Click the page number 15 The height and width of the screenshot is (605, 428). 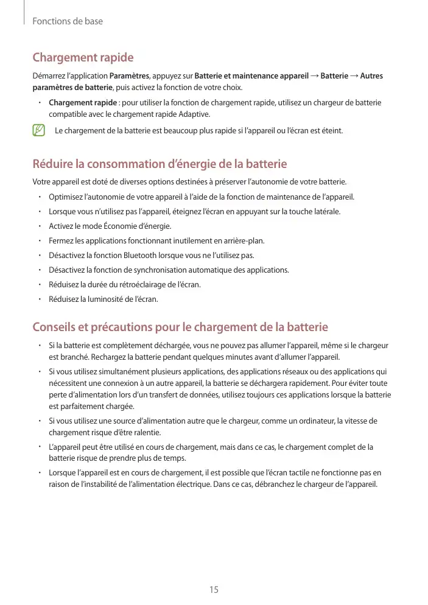click(214, 590)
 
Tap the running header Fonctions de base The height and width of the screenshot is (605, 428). click(67, 21)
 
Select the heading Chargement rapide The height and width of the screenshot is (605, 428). click(83, 58)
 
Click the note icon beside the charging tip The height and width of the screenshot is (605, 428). click(40, 130)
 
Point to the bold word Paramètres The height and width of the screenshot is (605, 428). click(129, 76)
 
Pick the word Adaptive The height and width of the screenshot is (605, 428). click(194, 114)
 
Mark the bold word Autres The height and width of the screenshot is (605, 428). click(371, 76)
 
